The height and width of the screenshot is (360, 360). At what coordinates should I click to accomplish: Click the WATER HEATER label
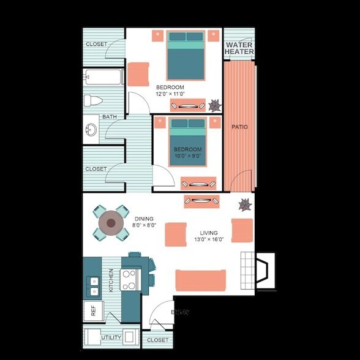pyautogui.click(x=239, y=48)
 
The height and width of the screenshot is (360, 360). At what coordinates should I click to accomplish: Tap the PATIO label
pyautogui.click(x=239, y=127)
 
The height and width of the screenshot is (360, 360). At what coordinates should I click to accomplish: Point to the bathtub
pyautogui.click(x=104, y=78)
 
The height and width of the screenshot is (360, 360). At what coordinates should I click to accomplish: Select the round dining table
pyautogui.click(x=111, y=223)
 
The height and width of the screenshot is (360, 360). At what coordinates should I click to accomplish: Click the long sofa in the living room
pyautogui.click(x=200, y=280)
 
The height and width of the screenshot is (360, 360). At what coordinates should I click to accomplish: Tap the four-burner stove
pyautogui.click(x=129, y=280)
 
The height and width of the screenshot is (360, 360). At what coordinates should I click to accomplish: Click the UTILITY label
pyautogui.click(x=111, y=337)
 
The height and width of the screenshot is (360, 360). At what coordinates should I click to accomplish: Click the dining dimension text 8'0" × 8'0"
pyautogui.click(x=144, y=225)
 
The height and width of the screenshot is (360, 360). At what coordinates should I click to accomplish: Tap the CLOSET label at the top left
pyautogui.click(x=96, y=44)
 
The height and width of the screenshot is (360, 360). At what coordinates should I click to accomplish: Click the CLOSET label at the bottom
pyautogui.click(x=157, y=340)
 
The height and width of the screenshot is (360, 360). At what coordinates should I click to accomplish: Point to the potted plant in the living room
pyautogui.click(x=245, y=204)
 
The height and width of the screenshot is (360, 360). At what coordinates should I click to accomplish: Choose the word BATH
pyautogui.click(x=110, y=116)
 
